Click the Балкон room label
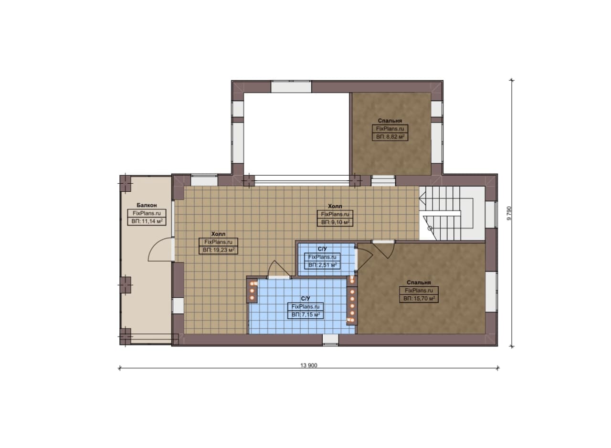(x=147, y=205)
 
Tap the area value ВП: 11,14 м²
(x=147, y=221)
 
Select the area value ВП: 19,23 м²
(x=219, y=250)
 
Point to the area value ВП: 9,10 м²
(x=335, y=222)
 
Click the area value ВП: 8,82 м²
(x=390, y=136)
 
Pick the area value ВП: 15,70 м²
(x=419, y=299)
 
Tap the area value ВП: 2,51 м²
(x=322, y=265)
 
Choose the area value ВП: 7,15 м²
(x=305, y=314)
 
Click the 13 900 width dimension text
(x=309, y=365)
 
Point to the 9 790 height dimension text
(x=509, y=213)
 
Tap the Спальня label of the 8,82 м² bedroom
(x=390, y=121)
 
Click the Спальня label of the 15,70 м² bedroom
(x=419, y=282)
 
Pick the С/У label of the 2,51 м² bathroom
(x=322, y=249)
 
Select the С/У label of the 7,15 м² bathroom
(x=305, y=299)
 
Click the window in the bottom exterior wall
(x=330, y=340)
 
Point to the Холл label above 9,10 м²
(x=335, y=206)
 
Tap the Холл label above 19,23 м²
(x=218, y=234)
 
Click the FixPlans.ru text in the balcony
(x=147, y=213)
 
